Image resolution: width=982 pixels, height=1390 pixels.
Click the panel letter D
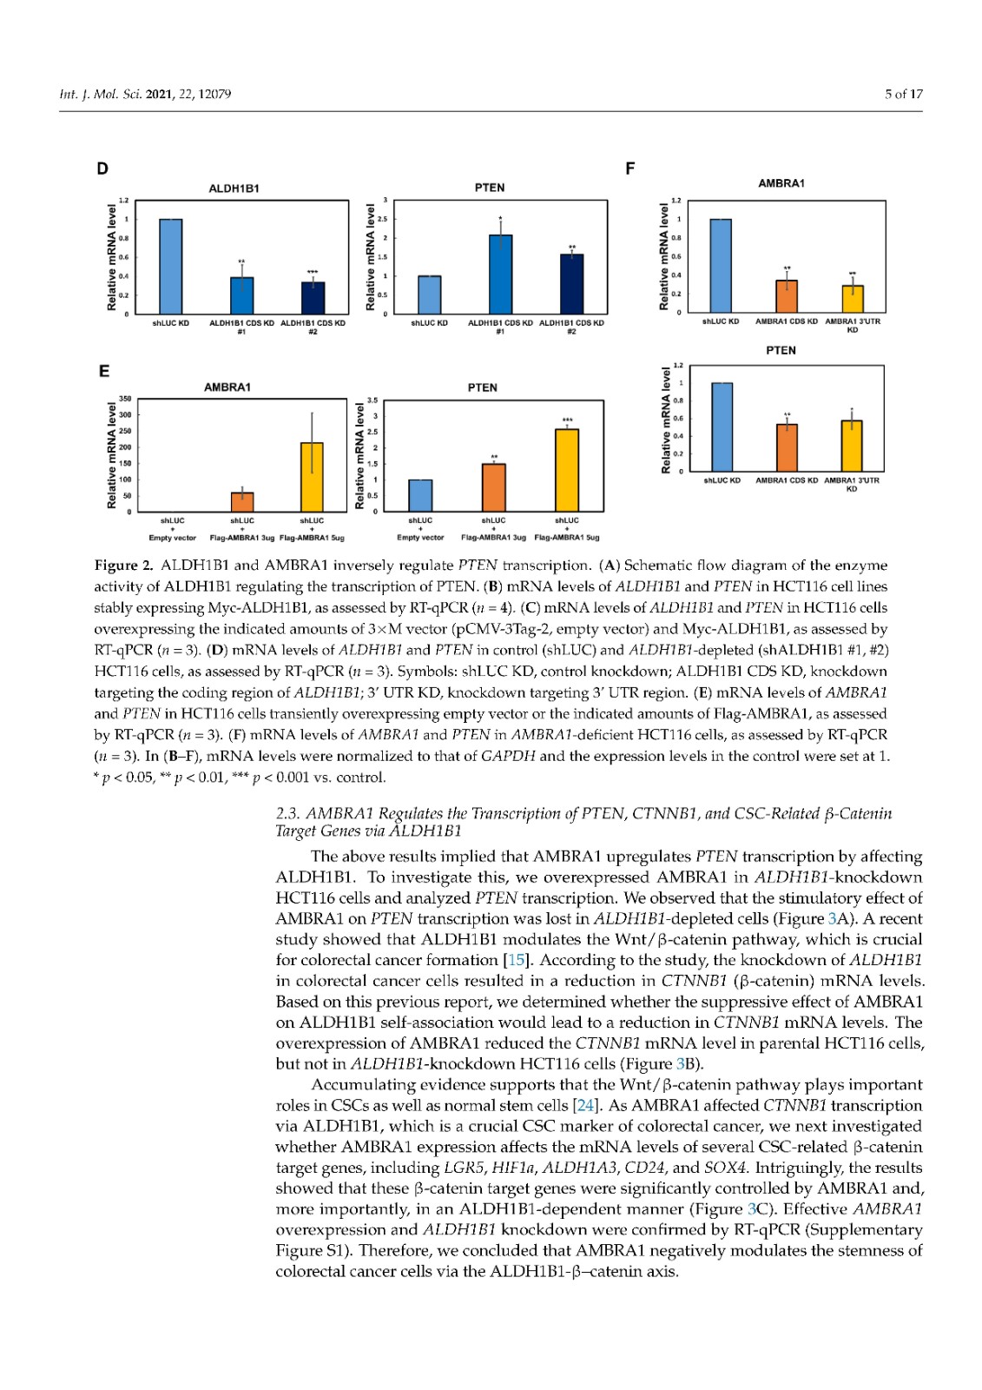(102, 169)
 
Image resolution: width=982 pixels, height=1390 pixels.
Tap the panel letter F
(630, 169)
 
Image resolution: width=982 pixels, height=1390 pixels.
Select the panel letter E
(103, 371)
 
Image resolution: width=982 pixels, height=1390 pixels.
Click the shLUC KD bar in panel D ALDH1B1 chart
(171, 266)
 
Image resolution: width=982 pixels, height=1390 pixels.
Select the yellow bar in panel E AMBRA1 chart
(312, 477)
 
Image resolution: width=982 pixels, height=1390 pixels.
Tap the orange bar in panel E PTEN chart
(494, 487)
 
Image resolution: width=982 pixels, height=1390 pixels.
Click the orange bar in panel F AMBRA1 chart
(787, 296)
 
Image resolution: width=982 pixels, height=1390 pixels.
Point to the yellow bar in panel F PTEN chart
(852, 446)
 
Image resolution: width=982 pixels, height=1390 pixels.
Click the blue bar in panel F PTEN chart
(722, 427)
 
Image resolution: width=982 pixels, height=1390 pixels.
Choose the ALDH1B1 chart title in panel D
(234, 189)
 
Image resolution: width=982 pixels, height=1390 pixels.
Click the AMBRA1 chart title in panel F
(781, 183)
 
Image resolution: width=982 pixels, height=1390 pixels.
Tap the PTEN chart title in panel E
(482, 387)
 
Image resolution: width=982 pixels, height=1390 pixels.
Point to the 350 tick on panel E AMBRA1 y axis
(124, 399)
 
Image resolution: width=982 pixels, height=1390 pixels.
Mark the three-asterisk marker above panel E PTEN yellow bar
(567, 420)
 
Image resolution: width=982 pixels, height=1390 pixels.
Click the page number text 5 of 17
(903, 94)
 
